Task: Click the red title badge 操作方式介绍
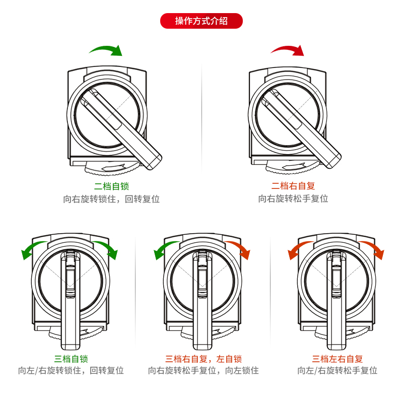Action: click(201, 21)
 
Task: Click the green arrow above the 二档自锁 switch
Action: click(106, 49)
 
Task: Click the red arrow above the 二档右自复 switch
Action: click(288, 49)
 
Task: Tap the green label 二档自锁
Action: click(112, 186)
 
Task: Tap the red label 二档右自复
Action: click(293, 186)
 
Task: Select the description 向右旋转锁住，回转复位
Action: click(112, 199)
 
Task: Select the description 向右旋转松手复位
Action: click(293, 199)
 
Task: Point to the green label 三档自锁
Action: click(71, 359)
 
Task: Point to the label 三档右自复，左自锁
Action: click(204, 359)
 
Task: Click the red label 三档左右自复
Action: click(338, 359)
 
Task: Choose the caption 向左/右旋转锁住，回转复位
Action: click(71, 371)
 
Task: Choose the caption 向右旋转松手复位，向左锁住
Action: click(204, 371)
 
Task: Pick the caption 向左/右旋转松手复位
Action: click(338, 371)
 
